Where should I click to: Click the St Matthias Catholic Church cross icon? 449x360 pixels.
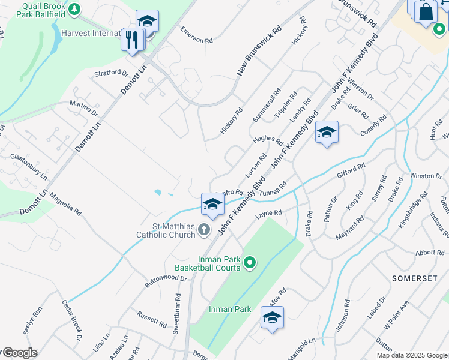coord(204,229)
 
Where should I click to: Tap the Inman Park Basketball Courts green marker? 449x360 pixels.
coord(250,262)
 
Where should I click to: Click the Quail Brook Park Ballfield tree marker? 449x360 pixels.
coord(74,9)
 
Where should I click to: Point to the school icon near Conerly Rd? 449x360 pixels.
coord(327,133)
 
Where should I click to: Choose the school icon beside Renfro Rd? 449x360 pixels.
coord(212,205)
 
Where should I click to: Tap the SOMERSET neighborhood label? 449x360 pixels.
coord(414,278)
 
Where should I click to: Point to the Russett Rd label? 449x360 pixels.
coord(151,319)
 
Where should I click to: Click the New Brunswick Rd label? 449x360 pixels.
coord(259,50)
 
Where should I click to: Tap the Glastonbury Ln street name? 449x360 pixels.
coord(28,166)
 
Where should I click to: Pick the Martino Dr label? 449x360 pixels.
coord(83,109)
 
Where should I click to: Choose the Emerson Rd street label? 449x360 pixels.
coord(197,35)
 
